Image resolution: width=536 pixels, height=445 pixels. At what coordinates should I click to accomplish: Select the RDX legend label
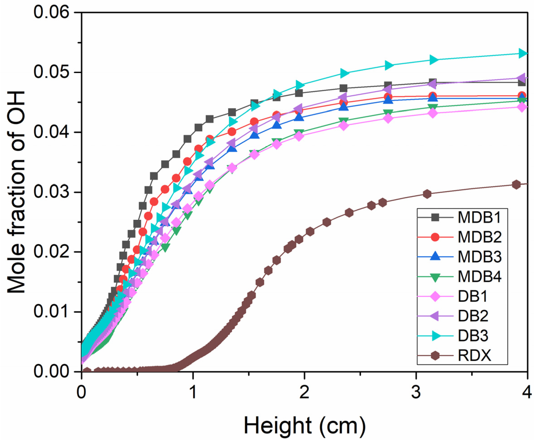click(x=474, y=355)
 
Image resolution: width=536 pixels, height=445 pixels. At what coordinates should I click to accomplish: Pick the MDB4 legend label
click(x=479, y=277)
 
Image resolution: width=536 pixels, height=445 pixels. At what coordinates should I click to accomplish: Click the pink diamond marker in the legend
click(x=435, y=296)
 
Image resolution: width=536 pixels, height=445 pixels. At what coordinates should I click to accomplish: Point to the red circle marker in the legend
click(x=435, y=237)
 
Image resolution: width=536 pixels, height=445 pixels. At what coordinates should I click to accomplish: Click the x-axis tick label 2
click(x=305, y=392)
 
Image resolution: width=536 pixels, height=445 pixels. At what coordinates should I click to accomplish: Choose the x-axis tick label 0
click(x=81, y=392)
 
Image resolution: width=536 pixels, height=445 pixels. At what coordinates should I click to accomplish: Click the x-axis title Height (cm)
click(x=305, y=426)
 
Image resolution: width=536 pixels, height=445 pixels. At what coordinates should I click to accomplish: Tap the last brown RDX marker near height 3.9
click(x=516, y=184)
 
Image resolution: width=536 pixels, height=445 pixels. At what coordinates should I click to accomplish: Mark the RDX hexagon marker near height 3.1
click(x=427, y=194)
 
